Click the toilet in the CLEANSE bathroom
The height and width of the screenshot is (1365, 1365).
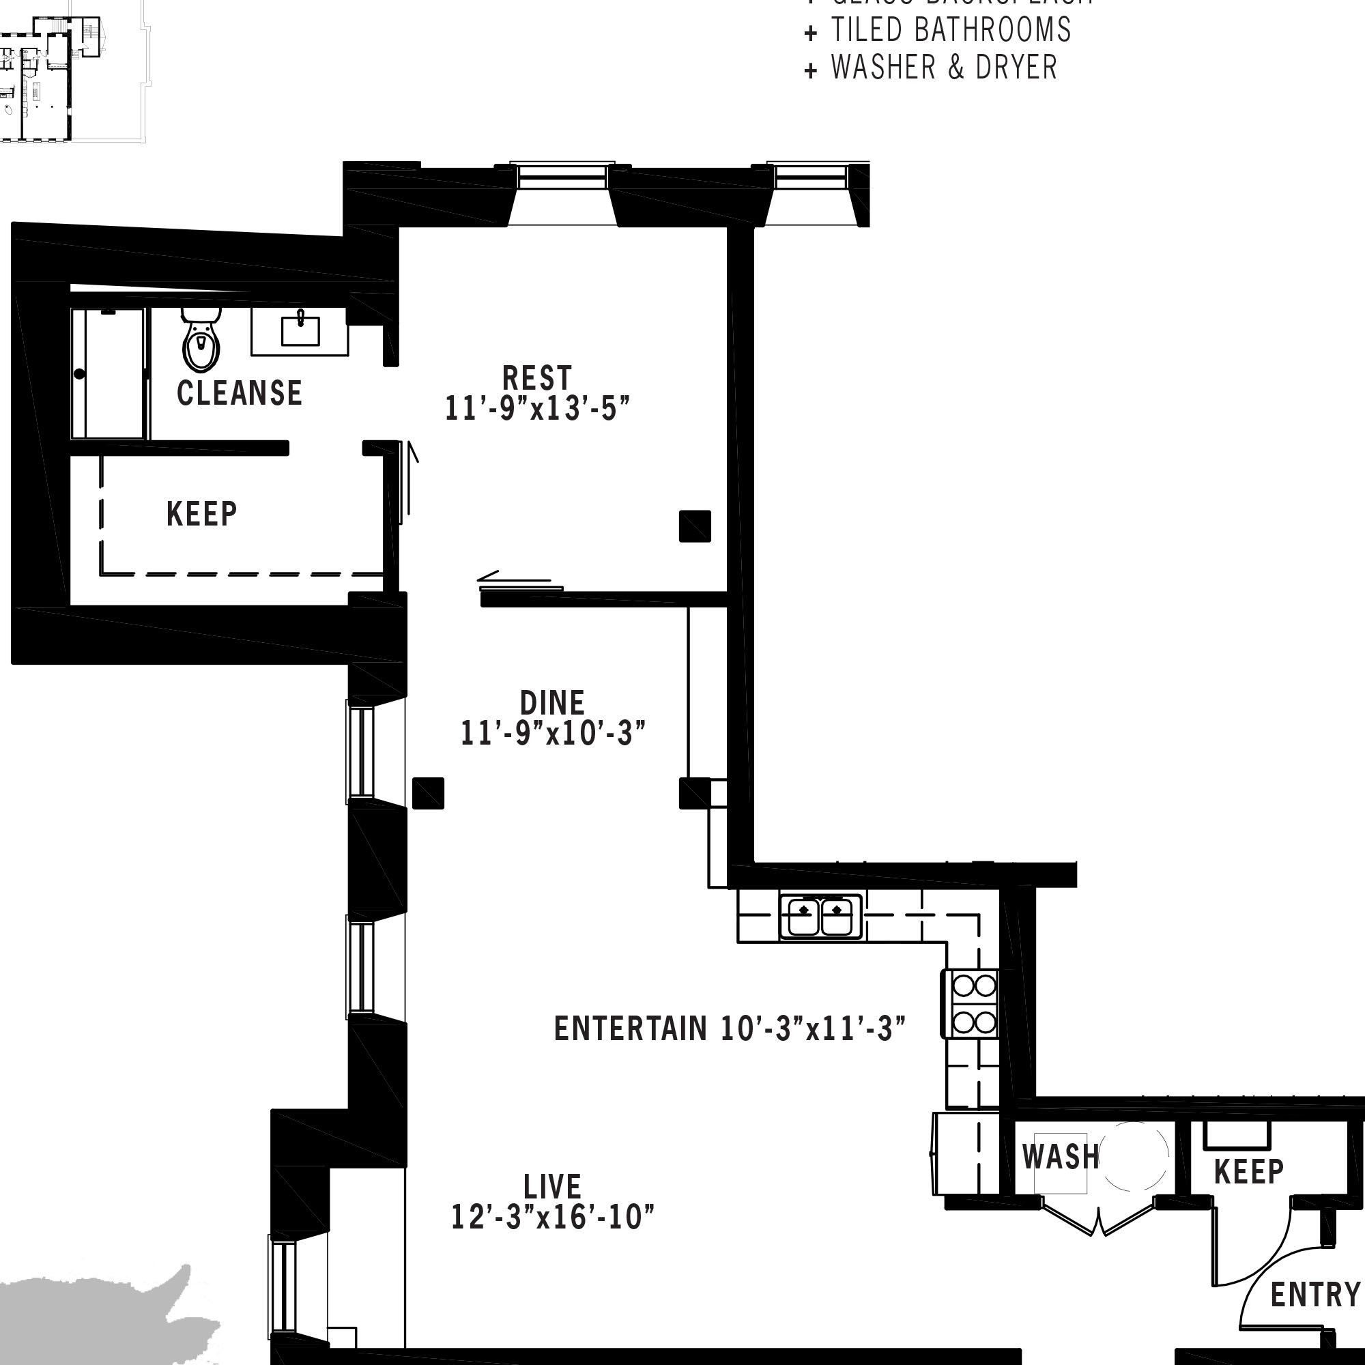tap(201, 342)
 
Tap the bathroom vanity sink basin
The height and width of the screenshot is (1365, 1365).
tap(300, 330)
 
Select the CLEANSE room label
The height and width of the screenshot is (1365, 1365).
tap(240, 394)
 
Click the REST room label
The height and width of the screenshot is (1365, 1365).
tap(537, 378)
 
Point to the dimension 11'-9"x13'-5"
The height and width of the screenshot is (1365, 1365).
tap(537, 409)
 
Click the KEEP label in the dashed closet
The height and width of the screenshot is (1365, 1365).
tap(202, 514)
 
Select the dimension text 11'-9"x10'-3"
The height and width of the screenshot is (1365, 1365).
tap(554, 734)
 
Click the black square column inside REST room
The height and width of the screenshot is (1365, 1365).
tap(695, 526)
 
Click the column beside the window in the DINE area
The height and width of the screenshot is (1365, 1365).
tap(428, 792)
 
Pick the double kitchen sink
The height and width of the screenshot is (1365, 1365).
tap(821, 917)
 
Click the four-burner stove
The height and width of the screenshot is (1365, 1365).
tap(975, 1003)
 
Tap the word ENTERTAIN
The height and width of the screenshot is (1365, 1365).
tap(630, 1029)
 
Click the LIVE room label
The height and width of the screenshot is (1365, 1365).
tap(553, 1186)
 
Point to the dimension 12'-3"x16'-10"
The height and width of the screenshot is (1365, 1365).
tap(553, 1218)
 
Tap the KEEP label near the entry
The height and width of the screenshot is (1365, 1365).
tap(1248, 1172)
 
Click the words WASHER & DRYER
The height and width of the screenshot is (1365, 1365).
tap(944, 68)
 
